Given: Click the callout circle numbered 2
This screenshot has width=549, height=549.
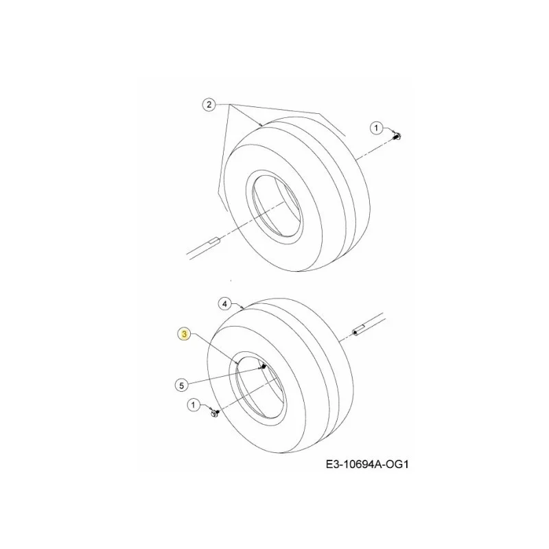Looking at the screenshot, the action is [x=209, y=105].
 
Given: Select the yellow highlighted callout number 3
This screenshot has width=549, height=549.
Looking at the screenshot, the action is [x=184, y=334].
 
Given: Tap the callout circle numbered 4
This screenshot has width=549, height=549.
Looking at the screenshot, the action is [x=225, y=303].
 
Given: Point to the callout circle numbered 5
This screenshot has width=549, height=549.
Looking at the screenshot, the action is [x=181, y=386].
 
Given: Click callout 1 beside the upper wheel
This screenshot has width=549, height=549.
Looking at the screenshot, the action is [x=376, y=128].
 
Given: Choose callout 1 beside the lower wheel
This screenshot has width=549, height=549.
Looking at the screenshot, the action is [x=193, y=405].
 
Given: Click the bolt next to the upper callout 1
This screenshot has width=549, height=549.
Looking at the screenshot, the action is [x=397, y=136].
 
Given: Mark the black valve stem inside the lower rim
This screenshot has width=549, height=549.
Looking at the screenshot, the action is [x=264, y=366].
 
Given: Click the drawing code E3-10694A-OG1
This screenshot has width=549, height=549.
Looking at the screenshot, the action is [x=367, y=465].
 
